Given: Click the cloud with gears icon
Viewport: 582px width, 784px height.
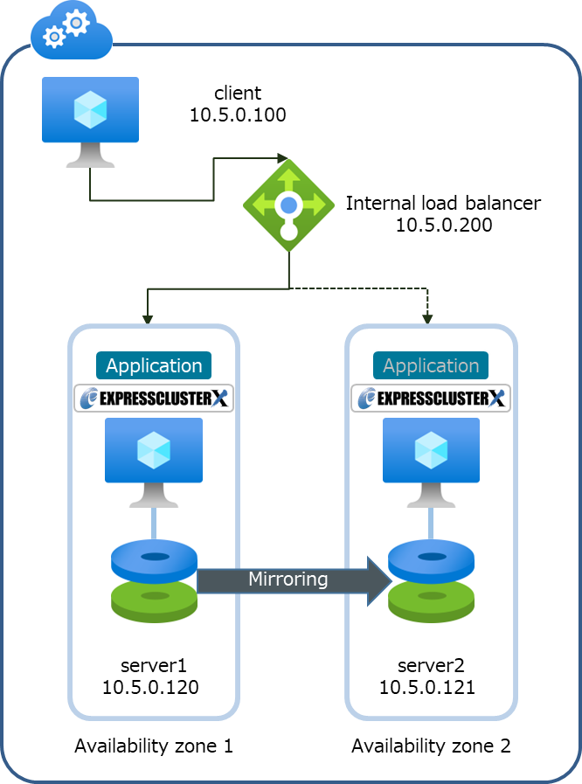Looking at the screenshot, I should tap(72, 30).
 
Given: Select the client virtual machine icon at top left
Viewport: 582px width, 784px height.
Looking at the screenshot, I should tap(90, 121).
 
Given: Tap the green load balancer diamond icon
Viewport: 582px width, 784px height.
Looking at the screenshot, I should tap(288, 205).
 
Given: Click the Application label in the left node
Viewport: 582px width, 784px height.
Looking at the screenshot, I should tap(154, 365).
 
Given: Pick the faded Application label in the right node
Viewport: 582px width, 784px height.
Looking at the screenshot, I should tap(431, 365).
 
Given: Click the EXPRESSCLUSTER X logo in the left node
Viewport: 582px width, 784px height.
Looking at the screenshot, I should tap(154, 399).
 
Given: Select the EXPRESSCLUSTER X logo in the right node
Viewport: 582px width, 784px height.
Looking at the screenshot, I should tap(431, 399).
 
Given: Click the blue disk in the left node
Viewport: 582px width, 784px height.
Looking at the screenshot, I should tap(155, 559).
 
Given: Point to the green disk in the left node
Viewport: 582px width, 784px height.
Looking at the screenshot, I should tap(155, 600).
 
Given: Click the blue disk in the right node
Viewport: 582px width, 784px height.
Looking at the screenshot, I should tap(431, 559).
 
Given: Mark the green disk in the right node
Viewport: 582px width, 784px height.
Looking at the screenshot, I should tap(431, 600).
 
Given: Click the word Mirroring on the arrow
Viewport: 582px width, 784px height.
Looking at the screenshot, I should tap(288, 579).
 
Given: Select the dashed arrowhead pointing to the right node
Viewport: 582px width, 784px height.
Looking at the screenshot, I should tap(427, 319).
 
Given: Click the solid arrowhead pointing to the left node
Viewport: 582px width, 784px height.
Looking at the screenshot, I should tap(148, 319).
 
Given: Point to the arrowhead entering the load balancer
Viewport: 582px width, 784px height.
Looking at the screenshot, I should tap(282, 159).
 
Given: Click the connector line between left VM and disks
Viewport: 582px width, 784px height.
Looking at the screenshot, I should tap(155, 523).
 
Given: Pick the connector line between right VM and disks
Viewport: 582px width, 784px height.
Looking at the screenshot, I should tap(431, 523).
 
